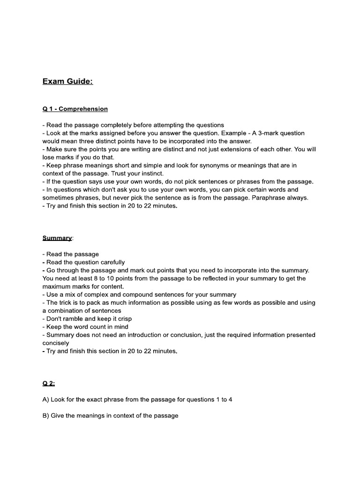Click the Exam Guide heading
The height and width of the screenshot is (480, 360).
pos(67,82)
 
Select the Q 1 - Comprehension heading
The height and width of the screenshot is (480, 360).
pos(75,109)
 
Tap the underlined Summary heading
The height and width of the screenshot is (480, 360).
pos(57,238)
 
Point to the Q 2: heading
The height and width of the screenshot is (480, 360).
pos(49,383)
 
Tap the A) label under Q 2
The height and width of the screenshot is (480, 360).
pos(46,399)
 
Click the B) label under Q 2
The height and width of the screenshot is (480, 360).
pos(46,415)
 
